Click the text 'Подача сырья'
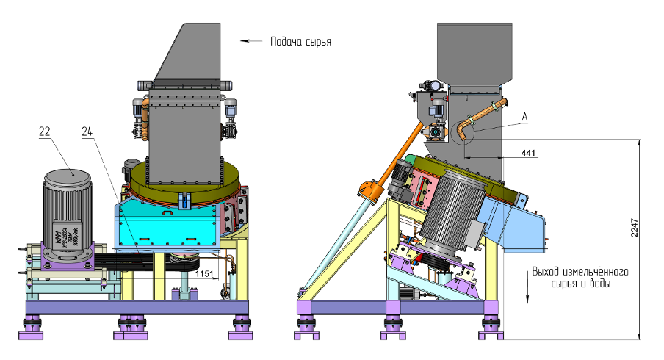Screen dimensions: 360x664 (300, 42)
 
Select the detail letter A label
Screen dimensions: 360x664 (524, 116)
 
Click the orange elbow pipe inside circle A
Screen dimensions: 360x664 (465, 129)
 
